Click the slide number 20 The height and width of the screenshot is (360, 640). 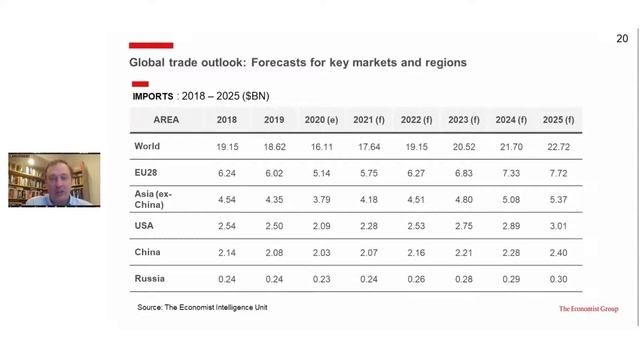(621, 39)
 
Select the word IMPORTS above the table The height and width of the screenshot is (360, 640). (152, 96)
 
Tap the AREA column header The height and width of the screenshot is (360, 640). (166, 120)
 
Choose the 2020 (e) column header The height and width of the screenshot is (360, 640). (321, 120)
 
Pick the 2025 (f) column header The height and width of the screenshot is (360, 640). (558, 120)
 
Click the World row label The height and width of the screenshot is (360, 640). (147, 146)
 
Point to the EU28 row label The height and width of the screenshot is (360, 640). (146, 172)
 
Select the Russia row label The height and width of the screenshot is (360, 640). (150, 278)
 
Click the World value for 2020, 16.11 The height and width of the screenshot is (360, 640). (321, 146)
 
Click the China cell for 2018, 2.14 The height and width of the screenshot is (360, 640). (227, 252)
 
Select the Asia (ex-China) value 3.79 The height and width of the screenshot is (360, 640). (321, 198)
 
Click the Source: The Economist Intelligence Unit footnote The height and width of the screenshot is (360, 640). (202, 307)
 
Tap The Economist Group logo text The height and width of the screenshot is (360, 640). (588, 309)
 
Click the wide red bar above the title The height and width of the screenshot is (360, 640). (151, 45)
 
